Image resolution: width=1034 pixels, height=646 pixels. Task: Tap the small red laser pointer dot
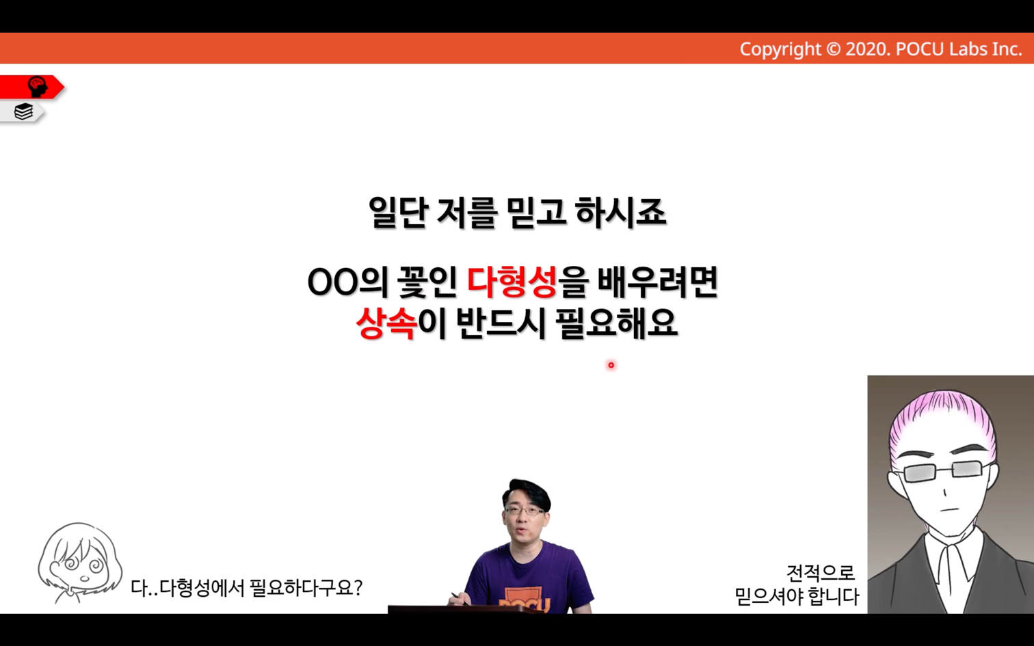[611, 365]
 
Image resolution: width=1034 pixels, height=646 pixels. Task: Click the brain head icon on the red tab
[38, 87]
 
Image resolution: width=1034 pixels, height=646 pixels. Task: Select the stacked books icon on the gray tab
[23, 111]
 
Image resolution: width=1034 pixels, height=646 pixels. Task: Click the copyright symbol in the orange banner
[833, 49]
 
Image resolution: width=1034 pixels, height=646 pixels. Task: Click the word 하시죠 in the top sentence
[620, 212]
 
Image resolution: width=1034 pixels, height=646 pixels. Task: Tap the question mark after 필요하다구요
[357, 588]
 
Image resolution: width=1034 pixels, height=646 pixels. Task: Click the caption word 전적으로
[820, 573]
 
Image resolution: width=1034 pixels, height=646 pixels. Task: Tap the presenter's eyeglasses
[525, 511]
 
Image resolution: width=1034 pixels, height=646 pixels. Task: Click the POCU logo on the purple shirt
[525, 601]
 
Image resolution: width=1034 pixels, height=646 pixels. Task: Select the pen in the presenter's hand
[460, 598]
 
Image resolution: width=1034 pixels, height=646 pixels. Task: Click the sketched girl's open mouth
[85, 578]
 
